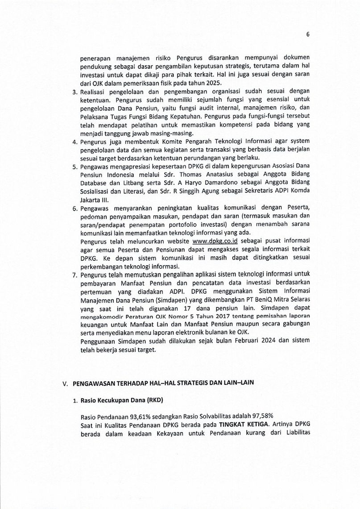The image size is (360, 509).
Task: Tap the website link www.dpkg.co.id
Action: (214, 240)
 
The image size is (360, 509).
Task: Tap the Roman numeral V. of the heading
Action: (65, 384)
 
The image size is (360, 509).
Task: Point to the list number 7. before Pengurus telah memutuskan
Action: (75, 274)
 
